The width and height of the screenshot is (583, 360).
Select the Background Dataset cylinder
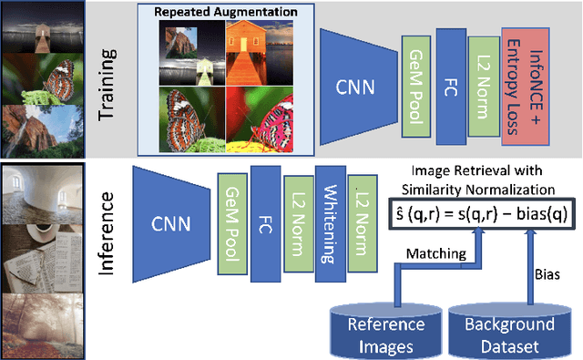coord(509,330)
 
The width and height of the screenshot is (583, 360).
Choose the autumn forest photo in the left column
coord(42,326)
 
